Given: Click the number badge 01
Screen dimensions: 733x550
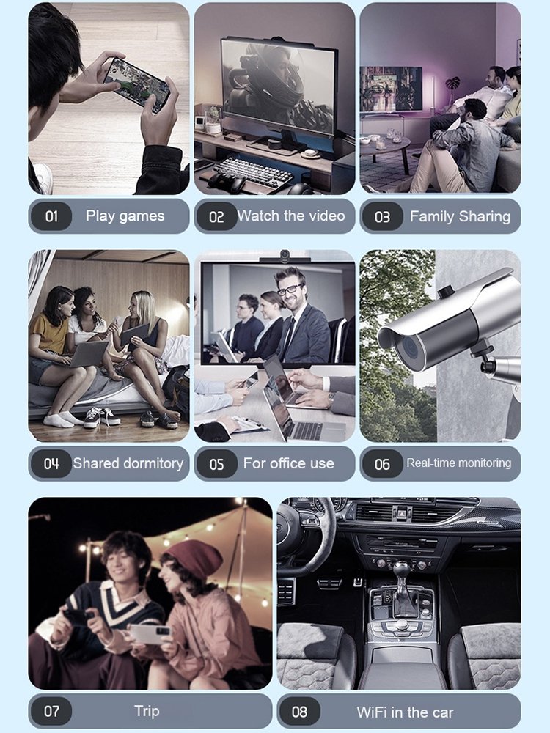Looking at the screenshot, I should tap(51, 216).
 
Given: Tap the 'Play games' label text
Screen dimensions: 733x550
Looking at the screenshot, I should tap(125, 216).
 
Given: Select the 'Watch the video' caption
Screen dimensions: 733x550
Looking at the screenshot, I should tap(291, 216).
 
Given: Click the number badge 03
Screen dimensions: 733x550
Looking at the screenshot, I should tap(382, 217).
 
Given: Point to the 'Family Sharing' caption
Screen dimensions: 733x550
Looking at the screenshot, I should tap(460, 216).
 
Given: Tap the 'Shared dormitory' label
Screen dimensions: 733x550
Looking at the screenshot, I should tap(128, 463).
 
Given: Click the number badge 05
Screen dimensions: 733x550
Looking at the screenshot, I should tap(216, 464).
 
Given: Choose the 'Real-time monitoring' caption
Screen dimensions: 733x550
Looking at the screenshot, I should tap(459, 463).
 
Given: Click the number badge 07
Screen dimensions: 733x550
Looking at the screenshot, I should tap(51, 711).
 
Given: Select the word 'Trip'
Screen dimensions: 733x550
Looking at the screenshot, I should tap(147, 711).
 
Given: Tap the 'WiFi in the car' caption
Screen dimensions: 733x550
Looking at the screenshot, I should tap(405, 712).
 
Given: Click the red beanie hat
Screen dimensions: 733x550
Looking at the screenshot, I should tap(194, 558).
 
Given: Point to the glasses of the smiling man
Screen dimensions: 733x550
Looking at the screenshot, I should tap(290, 290).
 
